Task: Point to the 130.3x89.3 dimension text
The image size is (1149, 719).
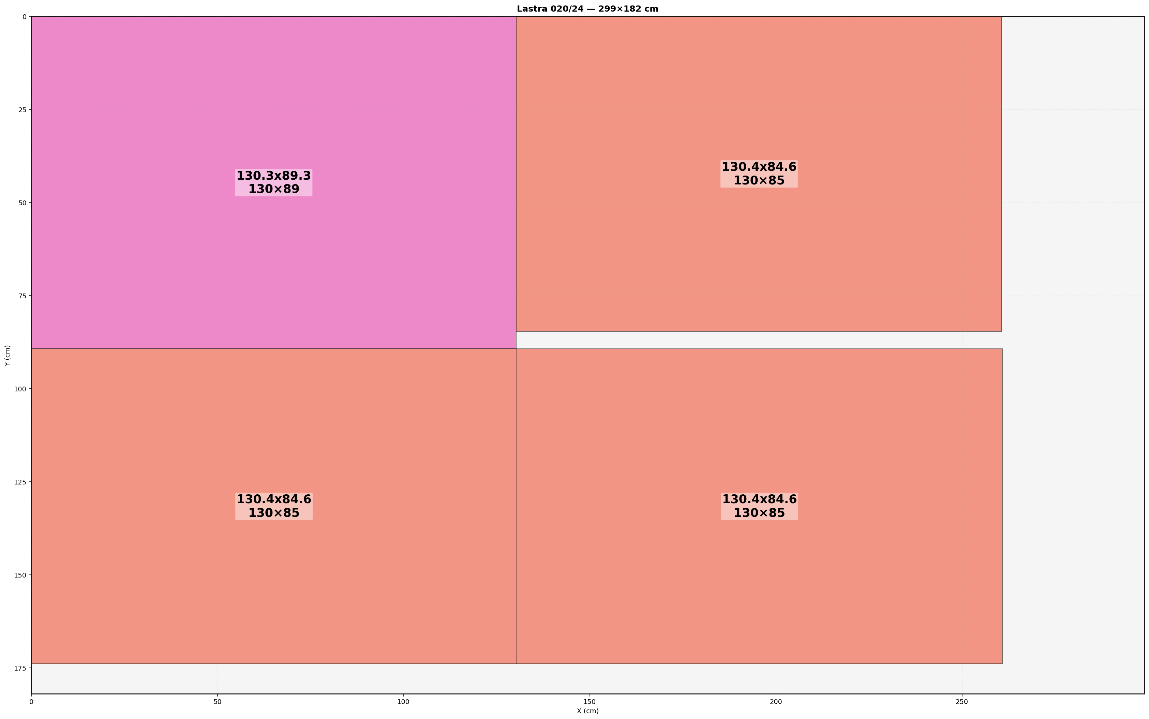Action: click(273, 176)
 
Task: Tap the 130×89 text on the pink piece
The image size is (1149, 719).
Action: click(273, 189)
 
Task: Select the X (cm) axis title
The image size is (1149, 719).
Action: click(587, 711)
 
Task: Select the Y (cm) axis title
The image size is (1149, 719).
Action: click(7, 355)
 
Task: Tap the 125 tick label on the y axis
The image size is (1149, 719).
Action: click(20, 482)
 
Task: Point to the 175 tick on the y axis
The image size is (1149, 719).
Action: click(20, 668)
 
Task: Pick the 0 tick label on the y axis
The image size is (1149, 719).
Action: click(24, 17)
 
